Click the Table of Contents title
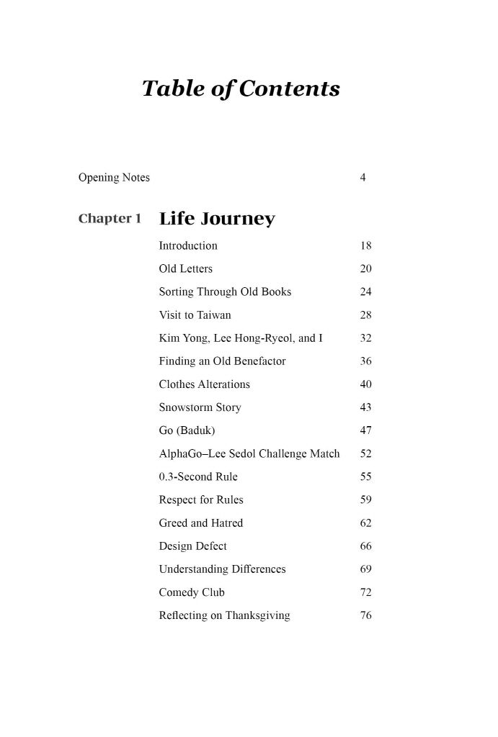pyautogui.click(x=241, y=89)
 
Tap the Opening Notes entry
pyautogui.click(x=114, y=177)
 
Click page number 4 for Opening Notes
pyautogui.click(x=363, y=177)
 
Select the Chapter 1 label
pyautogui.click(x=110, y=218)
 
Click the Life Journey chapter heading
pyautogui.click(x=217, y=219)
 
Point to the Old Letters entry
pyautogui.click(x=186, y=268)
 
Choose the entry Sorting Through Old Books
pyautogui.click(x=225, y=292)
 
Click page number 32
pyautogui.click(x=365, y=338)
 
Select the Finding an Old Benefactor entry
pyautogui.click(x=222, y=361)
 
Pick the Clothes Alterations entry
pyautogui.click(x=204, y=384)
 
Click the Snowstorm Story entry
pyautogui.click(x=200, y=407)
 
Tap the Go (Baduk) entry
pyautogui.click(x=187, y=430)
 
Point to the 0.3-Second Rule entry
pyautogui.click(x=198, y=476)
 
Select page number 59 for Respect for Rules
pyautogui.click(x=365, y=499)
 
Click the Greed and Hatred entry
pyautogui.click(x=201, y=523)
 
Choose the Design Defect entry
pyautogui.click(x=192, y=546)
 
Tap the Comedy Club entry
pyautogui.click(x=192, y=592)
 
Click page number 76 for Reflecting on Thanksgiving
pyautogui.click(x=365, y=615)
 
